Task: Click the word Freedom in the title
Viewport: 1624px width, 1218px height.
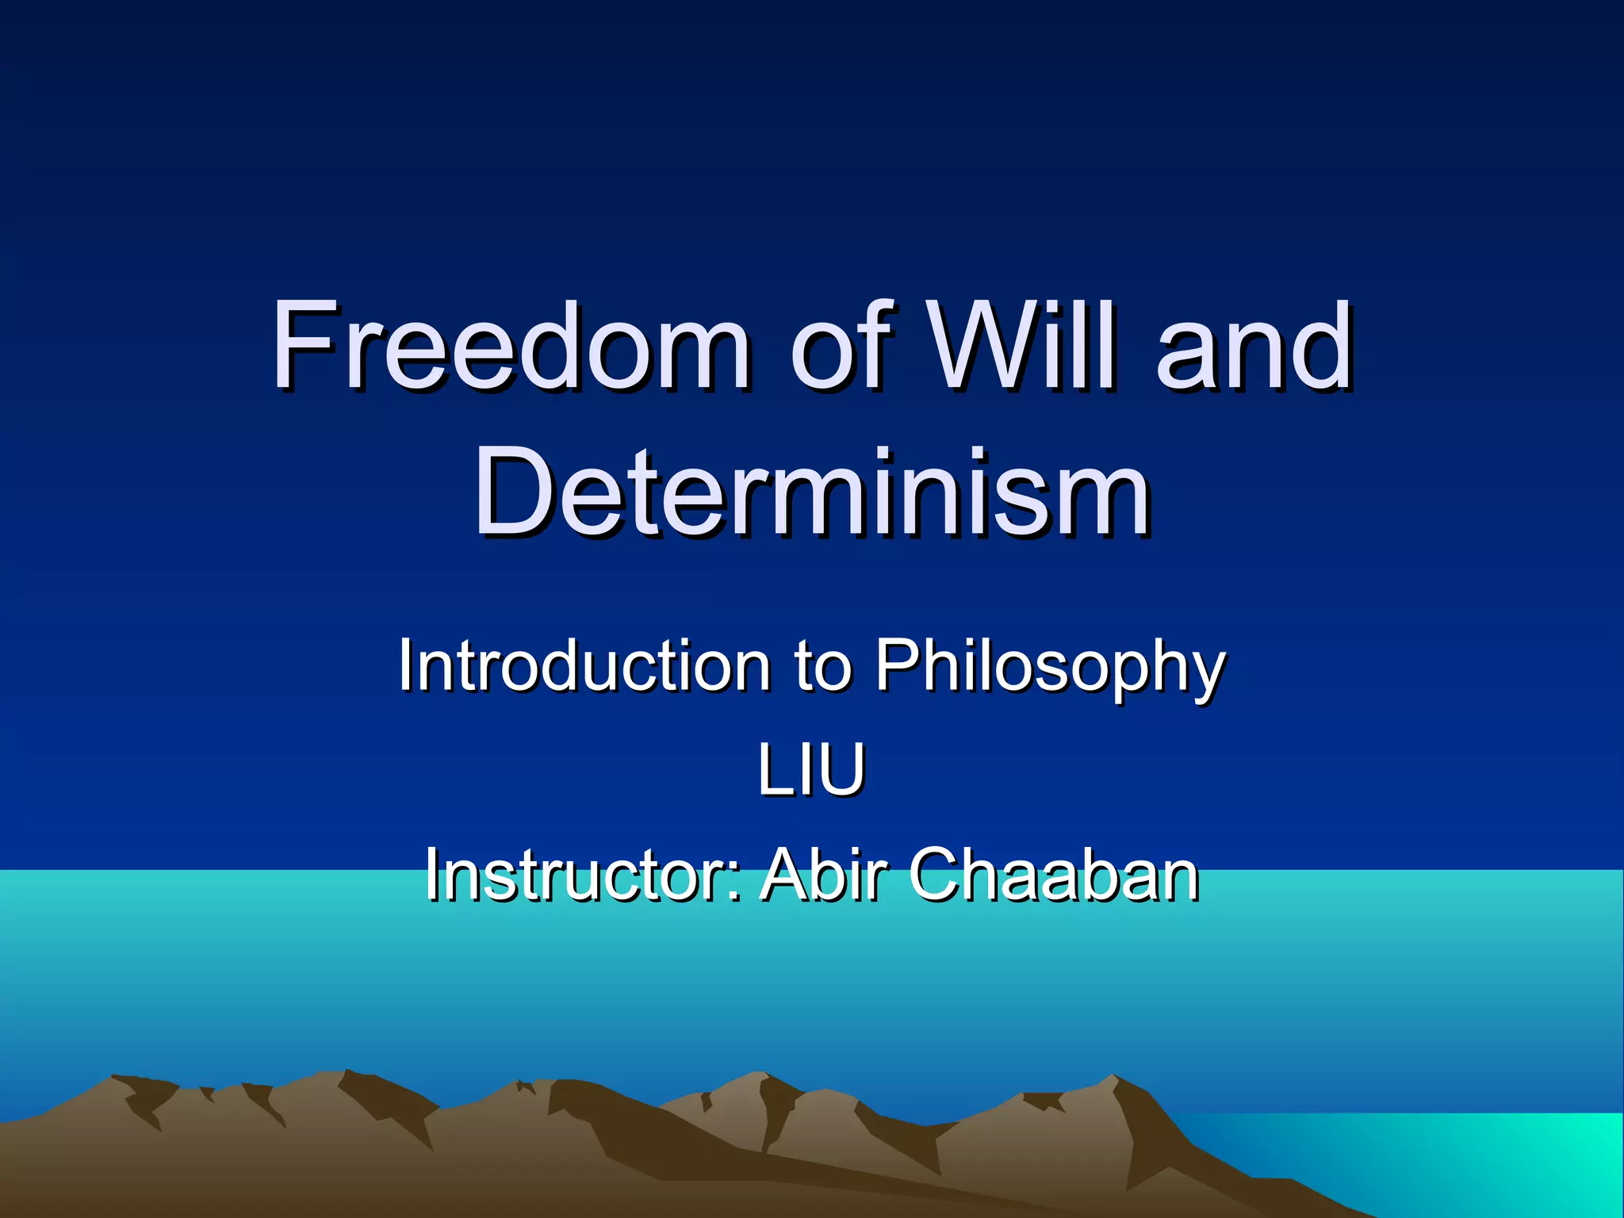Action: point(511,346)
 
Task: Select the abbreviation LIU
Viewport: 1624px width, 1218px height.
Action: point(810,771)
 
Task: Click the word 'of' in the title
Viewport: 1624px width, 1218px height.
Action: point(841,346)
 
